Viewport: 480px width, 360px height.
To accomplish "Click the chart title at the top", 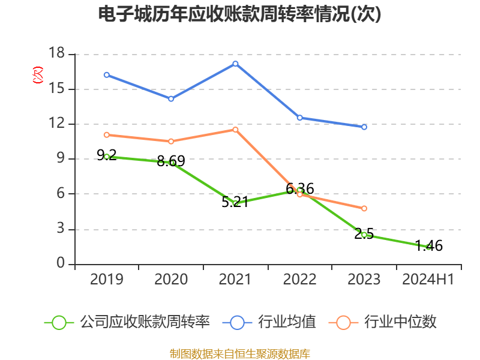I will point(240,14).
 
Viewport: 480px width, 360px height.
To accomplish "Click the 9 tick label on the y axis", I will point(61,159).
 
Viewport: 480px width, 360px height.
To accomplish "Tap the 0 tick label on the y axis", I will point(61,264).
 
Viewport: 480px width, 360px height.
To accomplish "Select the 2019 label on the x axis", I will point(107,280).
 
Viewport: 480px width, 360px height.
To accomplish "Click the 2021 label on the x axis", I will point(235,280).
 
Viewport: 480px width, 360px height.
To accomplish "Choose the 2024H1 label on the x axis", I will point(428,280).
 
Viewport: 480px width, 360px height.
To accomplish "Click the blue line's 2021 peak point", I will point(235,64).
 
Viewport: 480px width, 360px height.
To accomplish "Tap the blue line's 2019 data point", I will point(107,74).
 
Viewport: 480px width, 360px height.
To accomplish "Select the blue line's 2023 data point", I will point(364,127).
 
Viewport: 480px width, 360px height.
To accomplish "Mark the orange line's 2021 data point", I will point(235,130).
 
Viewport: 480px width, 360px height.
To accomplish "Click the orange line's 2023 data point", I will point(364,209).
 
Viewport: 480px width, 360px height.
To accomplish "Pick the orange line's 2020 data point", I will point(171,142).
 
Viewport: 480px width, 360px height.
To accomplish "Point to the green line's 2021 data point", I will point(235,203).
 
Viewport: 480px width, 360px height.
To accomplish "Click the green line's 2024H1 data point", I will point(428,247).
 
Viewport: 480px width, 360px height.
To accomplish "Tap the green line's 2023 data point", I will point(364,235).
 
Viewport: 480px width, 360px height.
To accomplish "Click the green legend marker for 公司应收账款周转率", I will point(59,322).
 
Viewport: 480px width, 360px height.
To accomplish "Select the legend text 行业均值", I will point(287,322).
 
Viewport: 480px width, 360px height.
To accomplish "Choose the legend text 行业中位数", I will point(401,322).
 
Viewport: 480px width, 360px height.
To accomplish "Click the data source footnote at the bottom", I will point(240,353).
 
